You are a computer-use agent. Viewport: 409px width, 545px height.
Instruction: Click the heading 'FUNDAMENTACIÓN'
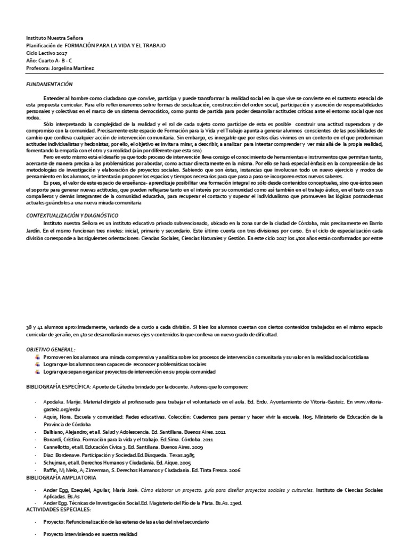click(x=49, y=84)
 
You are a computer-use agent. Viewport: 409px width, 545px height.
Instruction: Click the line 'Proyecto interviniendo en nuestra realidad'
click(x=90, y=533)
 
